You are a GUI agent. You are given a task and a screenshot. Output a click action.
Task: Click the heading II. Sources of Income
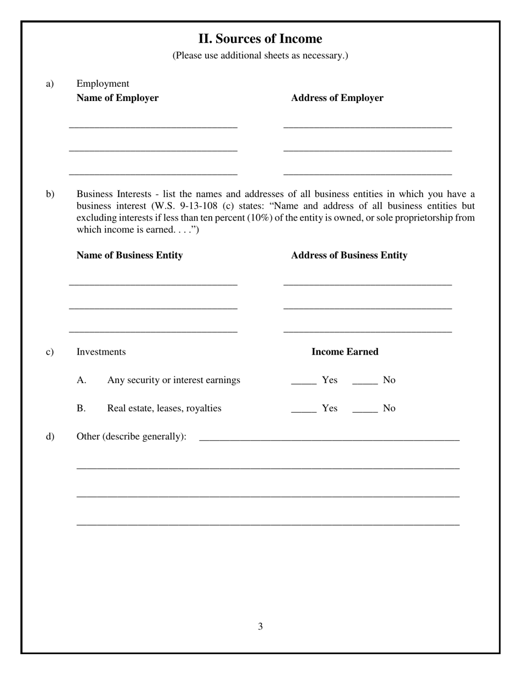tap(260, 39)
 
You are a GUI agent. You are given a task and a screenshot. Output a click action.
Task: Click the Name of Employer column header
tap(117, 98)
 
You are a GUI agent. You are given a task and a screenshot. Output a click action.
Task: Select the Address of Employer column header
tap(337, 98)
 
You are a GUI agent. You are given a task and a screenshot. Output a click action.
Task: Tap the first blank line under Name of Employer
tap(153, 126)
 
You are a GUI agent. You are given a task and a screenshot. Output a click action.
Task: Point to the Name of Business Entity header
tap(129, 255)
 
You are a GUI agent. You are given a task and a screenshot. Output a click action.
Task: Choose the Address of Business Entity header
tap(349, 255)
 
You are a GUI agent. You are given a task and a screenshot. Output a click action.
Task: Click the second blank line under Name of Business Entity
tap(153, 307)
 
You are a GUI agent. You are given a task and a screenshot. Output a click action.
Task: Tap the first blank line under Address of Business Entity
tap(367, 283)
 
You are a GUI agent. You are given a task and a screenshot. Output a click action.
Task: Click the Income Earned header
tap(344, 352)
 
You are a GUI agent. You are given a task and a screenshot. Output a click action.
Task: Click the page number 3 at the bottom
tap(260, 627)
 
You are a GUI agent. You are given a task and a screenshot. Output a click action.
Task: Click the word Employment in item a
tap(103, 84)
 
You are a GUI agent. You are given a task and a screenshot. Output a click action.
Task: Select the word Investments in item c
tap(101, 352)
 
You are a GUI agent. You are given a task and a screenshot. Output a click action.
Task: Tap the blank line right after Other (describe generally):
tap(329, 438)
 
